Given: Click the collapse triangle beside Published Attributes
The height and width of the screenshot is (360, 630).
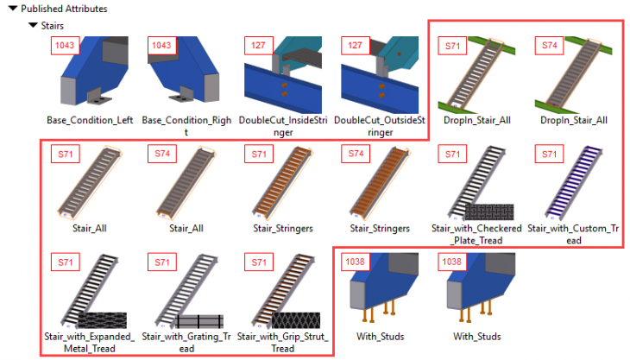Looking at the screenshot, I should click(x=13, y=9).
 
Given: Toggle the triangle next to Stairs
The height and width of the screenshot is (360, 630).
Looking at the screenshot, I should click(x=33, y=26).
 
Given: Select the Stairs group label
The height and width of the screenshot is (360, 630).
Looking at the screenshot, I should click(x=58, y=26).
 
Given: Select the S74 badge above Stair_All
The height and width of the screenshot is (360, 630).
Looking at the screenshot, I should click(x=162, y=154).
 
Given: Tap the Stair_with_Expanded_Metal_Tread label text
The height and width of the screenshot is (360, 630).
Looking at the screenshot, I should click(x=89, y=341).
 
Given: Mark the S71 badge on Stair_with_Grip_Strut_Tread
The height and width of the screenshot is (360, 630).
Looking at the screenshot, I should click(x=258, y=261).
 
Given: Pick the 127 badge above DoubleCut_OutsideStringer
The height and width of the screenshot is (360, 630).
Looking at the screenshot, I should click(x=355, y=44).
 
